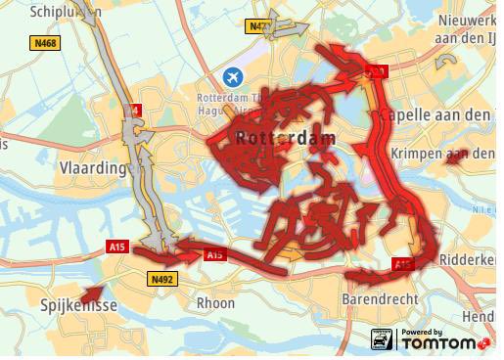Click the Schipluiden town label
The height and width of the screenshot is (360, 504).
(63, 12)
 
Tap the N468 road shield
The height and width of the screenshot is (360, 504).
(45, 43)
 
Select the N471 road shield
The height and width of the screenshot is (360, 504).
(258, 26)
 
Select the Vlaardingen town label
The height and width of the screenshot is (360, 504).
(94, 167)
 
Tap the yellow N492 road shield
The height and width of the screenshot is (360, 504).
(162, 280)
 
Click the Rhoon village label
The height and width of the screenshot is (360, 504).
(215, 303)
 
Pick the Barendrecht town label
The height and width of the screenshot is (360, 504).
(381, 298)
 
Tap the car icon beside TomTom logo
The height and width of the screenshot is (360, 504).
(382, 340)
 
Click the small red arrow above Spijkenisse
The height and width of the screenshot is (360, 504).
(91, 292)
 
